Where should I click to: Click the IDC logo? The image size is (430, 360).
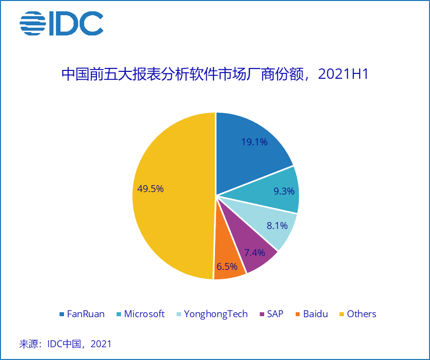61,23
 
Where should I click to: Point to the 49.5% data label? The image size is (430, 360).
151,189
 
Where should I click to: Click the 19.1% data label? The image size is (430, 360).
254,142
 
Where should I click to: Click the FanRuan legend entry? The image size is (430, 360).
82,314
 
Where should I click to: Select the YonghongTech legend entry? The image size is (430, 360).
212,314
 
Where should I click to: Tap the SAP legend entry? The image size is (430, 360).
271,314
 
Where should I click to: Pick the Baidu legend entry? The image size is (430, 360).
311,314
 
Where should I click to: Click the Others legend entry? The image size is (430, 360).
357,314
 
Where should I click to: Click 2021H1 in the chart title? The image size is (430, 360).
343,74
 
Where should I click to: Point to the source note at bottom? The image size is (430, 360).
65,344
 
